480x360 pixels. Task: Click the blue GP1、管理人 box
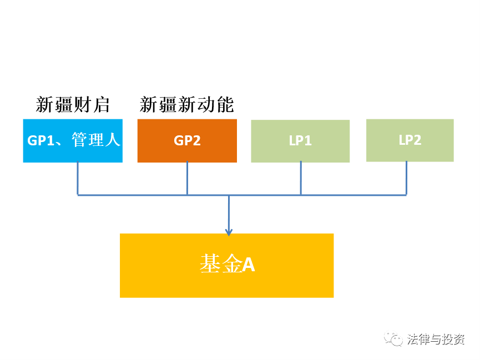coord(73,141)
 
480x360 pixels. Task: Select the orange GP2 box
coord(187,141)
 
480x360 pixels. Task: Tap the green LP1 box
coord(300,141)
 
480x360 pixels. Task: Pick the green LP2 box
coord(410,140)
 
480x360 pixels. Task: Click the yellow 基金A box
coord(226,265)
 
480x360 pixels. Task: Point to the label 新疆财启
coord(73,105)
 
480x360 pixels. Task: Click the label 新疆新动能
coord(187,105)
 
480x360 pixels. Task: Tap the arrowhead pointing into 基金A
coord(229,232)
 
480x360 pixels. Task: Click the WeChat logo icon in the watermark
coord(393,339)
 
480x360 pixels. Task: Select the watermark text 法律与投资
coord(436,339)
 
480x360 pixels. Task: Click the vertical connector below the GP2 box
coord(187,178)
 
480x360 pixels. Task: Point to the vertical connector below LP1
coord(301,178)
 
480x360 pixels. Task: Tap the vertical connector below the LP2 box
coord(406,178)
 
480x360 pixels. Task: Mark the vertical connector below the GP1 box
coord(78,178)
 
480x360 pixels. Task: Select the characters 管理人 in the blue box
coord(96,140)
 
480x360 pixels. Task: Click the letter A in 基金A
coord(249,265)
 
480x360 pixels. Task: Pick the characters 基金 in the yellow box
coord(221,264)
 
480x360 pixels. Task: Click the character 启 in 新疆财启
coord(102,105)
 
